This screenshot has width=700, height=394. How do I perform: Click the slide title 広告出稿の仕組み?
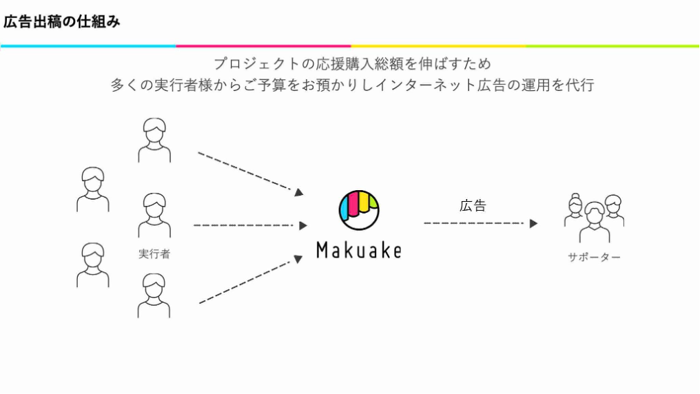pos(61,21)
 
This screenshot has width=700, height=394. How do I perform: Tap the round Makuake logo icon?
pos(359,210)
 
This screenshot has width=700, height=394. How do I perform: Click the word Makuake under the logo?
pos(359,250)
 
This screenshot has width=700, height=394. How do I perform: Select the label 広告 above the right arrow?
pos(473,206)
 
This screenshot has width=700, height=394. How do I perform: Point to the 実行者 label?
pos(154,254)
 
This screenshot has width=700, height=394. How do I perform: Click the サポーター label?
pos(594,257)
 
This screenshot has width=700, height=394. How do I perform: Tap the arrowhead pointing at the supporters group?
pos(533,224)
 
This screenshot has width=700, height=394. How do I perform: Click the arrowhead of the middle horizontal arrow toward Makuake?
pos(303,226)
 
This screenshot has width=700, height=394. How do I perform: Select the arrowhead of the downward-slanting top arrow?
pos(299,192)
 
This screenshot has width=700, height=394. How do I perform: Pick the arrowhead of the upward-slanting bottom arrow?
pos(298,259)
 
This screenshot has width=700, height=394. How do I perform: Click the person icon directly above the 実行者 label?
pos(154,215)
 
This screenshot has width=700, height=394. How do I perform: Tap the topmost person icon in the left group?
pos(154,140)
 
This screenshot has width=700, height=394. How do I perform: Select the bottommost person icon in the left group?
pos(154,295)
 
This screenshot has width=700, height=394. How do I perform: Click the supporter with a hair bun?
pos(575,209)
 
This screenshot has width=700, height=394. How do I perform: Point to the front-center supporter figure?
pos(595,222)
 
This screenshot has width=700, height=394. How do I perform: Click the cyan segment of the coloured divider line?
pos(88,46)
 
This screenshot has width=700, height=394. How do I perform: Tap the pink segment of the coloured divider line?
pos(263,46)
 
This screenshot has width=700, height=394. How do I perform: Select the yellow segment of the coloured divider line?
pos(438,46)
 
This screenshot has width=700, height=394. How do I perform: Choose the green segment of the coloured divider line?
pos(612,46)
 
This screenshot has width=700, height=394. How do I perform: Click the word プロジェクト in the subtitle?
pos(257,64)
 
